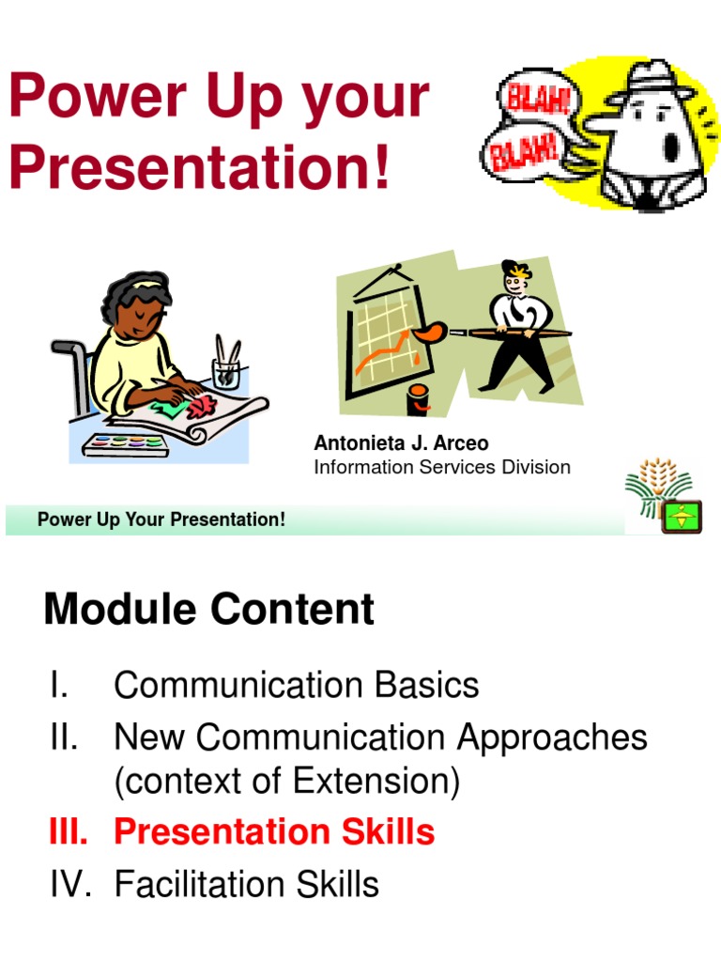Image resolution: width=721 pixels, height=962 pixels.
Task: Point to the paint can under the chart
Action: [x=419, y=398]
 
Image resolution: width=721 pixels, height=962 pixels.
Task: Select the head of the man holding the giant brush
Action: [x=514, y=278]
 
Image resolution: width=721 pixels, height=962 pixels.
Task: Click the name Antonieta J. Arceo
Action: [x=401, y=443]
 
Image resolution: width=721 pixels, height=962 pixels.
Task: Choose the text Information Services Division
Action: [x=441, y=467]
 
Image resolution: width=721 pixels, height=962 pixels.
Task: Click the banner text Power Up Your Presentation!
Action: [x=161, y=520]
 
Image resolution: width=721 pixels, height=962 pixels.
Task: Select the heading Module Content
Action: [x=208, y=610]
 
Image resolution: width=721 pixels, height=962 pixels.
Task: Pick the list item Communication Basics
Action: [x=296, y=685]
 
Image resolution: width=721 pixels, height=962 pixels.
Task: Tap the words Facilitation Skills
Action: [x=246, y=884]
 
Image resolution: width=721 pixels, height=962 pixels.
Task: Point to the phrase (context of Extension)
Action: [x=286, y=782]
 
